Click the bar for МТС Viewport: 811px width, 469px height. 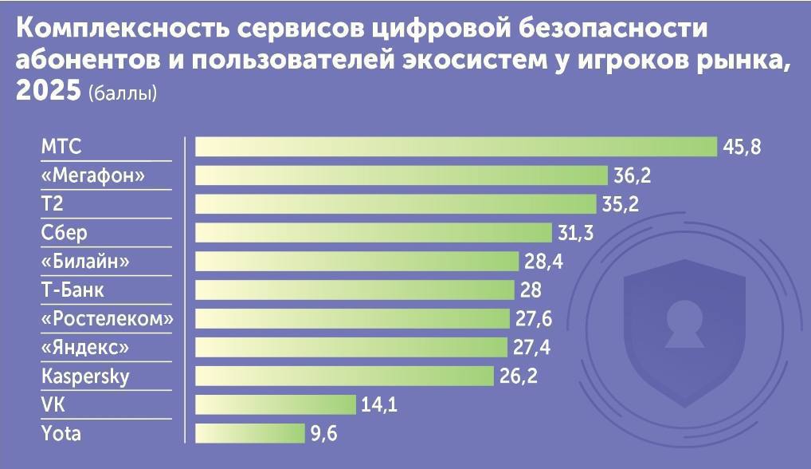456,147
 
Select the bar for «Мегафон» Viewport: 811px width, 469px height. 402,175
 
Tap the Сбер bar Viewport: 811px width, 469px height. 373,233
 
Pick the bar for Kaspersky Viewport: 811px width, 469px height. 344,376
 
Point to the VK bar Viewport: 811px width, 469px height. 275,404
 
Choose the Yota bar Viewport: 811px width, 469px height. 249,433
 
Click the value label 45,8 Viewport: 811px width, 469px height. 742,148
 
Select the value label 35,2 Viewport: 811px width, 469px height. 621,205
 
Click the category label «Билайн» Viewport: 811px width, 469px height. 85,262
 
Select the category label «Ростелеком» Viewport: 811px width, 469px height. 107,319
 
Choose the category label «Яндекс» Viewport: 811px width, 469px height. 84,348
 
